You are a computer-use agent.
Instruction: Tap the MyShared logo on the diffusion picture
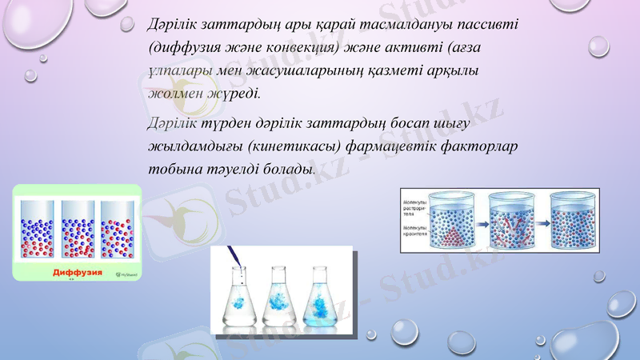tap(126, 274)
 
